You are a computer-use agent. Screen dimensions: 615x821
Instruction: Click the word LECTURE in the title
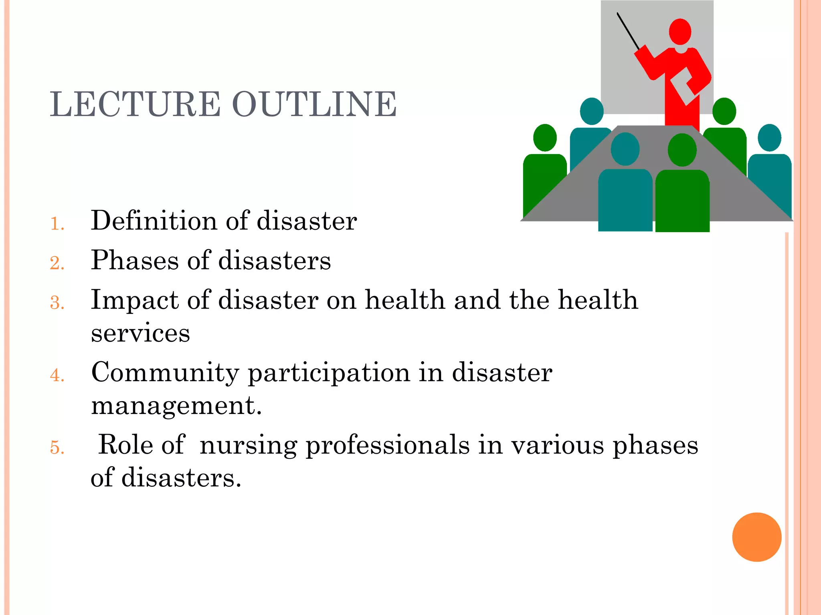pos(135,104)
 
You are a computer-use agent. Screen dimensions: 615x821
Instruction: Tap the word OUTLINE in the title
pos(314,104)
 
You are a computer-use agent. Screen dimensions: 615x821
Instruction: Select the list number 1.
pos(57,224)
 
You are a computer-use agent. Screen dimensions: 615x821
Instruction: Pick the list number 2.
pos(57,263)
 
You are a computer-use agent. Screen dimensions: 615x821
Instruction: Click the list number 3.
pos(57,303)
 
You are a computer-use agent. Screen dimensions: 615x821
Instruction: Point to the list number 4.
pos(57,375)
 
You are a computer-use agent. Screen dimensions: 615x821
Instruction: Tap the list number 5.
pos(57,447)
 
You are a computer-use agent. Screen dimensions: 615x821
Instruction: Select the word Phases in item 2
pos(135,261)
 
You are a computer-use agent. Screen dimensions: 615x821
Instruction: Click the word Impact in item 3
pos(135,300)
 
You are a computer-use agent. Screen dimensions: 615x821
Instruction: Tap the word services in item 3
pos(140,333)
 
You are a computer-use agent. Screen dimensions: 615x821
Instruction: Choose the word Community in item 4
pos(165,372)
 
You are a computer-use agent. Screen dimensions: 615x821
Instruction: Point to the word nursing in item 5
pos(249,445)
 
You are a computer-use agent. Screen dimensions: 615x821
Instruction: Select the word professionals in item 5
pos(388,445)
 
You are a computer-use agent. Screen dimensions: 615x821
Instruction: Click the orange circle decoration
pos(756,537)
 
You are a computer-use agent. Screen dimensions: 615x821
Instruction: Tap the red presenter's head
pos(680,32)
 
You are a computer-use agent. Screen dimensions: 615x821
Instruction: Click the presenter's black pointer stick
pos(628,31)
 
